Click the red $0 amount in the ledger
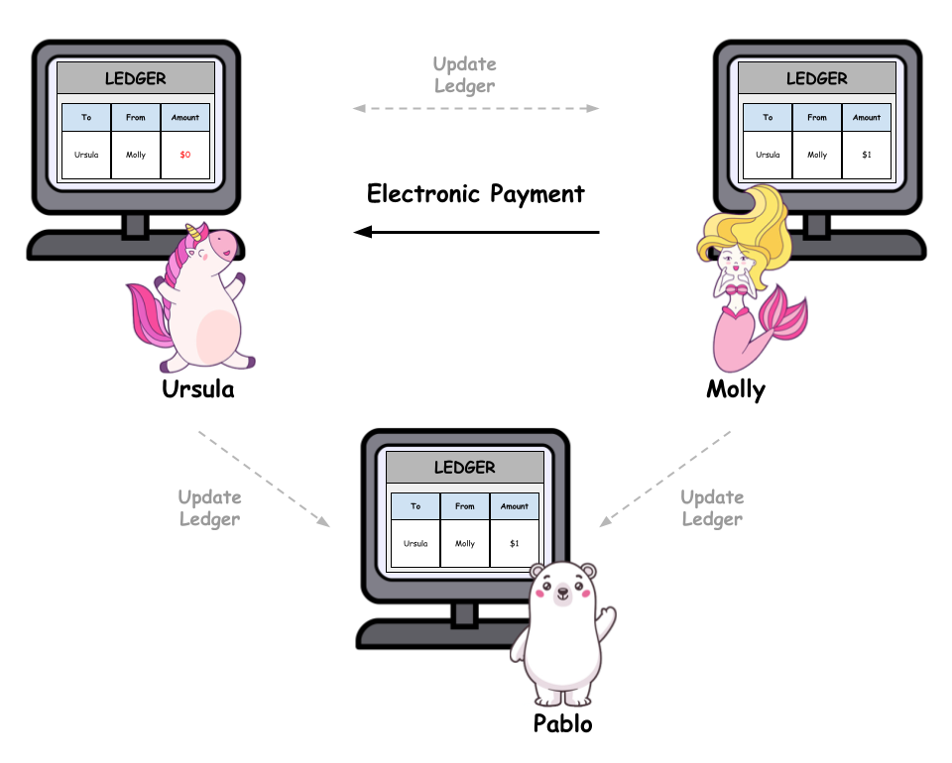pyautogui.click(x=184, y=155)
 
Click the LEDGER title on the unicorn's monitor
pyautogui.click(x=136, y=78)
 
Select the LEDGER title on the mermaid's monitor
pyautogui.click(x=817, y=78)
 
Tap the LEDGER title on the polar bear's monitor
pyautogui.click(x=465, y=467)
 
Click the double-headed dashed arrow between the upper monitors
pyautogui.click(x=476, y=108)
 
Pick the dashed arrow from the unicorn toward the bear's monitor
pyautogui.click(x=264, y=479)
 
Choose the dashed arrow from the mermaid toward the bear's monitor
pyautogui.click(x=665, y=479)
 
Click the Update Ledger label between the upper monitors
pyautogui.click(x=464, y=75)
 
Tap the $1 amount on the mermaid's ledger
pyautogui.click(x=867, y=155)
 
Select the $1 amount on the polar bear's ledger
pyautogui.click(x=515, y=543)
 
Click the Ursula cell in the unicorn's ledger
pyautogui.click(x=86, y=155)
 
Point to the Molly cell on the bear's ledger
pyautogui.click(x=465, y=543)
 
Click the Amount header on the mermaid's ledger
pyautogui.click(x=867, y=117)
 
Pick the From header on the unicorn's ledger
pyautogui.click(x=136, y=117)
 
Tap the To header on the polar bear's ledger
pyautogui.click(x=416, y=505)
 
